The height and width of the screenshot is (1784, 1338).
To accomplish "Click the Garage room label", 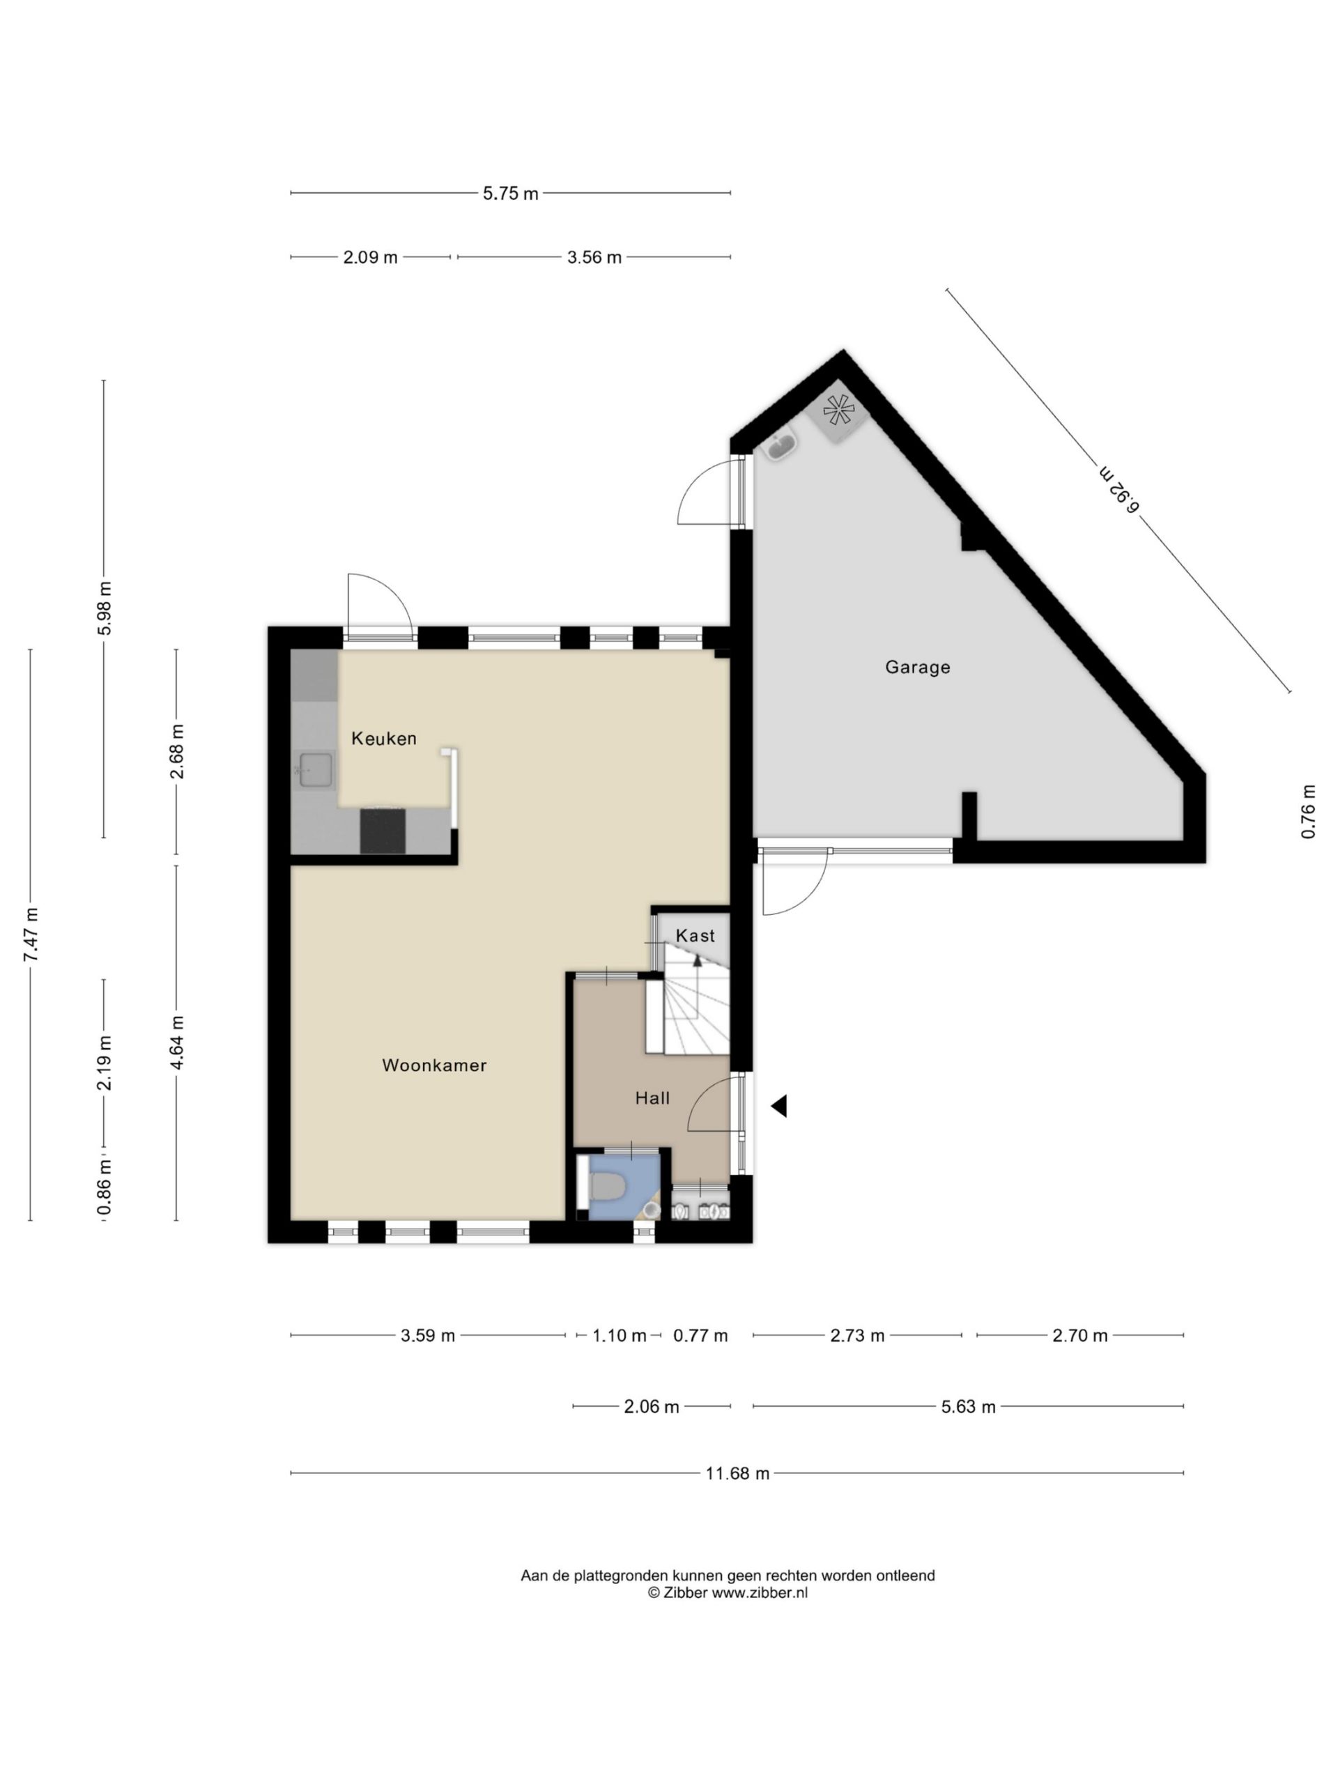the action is click(917, 667).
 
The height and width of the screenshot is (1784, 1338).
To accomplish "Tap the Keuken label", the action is click(384, 738).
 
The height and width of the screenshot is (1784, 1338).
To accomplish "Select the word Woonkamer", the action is click(434, 1066).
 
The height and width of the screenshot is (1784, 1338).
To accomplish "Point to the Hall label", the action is click(652, 1098).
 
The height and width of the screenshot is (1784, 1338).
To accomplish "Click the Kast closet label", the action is click(695, 935).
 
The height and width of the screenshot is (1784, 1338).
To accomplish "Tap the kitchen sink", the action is click(316, 769).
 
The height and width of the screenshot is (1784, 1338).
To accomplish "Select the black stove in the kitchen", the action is click(383, 831).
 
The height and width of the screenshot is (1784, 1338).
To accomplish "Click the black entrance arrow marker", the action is click(779, 1107).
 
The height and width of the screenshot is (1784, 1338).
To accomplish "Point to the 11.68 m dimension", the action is click(737, 1473).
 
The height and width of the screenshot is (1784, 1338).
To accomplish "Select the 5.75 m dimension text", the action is click(511, 194).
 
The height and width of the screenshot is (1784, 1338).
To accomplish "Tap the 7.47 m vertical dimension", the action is click(31, 935).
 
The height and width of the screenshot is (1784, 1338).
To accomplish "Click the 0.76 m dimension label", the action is click(1308, 811).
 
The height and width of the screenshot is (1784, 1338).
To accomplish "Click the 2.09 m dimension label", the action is click(370, 257).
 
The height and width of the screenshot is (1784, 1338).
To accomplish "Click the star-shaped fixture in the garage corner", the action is click(839, 411).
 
